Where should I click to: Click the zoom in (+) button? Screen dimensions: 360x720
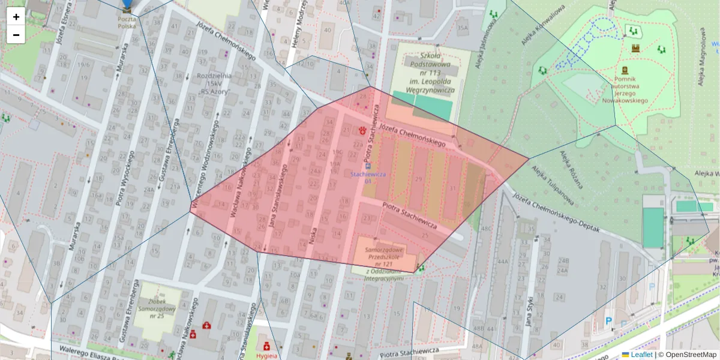click(x=16, y=17)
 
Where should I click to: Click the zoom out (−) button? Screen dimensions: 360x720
click(x=16, y=35)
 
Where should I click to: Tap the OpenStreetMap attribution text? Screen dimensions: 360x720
click(x=690, y=355)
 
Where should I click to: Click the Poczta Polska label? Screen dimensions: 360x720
click(x=126, y=23)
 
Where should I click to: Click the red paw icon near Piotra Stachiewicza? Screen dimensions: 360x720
click(x=362, y=130)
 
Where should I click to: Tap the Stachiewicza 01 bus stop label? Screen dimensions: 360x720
click(x=368, y=177)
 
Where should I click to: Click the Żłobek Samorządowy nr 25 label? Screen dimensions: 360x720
click(x=157, y=307)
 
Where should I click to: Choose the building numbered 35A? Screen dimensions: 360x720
click(x=461, y=28)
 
